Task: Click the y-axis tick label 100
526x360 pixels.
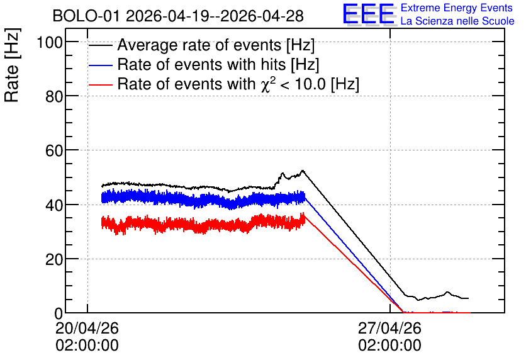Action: click(50, 43)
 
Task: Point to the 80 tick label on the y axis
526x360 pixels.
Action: click(54, 97)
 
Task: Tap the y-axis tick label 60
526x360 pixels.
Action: click(54, 151)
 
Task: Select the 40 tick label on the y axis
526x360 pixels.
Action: click(54, 205)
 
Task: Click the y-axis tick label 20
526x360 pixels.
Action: click(54, 260)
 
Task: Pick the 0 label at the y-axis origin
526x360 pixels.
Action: click(59, 313)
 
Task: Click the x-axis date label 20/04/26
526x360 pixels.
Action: click(87, 328)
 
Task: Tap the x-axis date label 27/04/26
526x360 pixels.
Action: click(389, 328)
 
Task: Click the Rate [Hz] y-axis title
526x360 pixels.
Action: click(12, 65)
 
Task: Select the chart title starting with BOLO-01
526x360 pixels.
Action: click(178, 16)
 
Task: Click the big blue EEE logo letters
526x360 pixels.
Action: click(368, 14)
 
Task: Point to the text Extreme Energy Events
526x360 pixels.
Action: click(457, 8)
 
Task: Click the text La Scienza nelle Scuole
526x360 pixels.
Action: click(457, 21)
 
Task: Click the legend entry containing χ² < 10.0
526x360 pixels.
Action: click(238, 84)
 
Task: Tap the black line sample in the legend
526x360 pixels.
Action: click(100, 45)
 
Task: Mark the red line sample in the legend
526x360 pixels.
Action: click(100, 84)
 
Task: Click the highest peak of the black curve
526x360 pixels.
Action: click(303, 171)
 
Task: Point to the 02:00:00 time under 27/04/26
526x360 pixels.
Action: click(389, 346)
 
